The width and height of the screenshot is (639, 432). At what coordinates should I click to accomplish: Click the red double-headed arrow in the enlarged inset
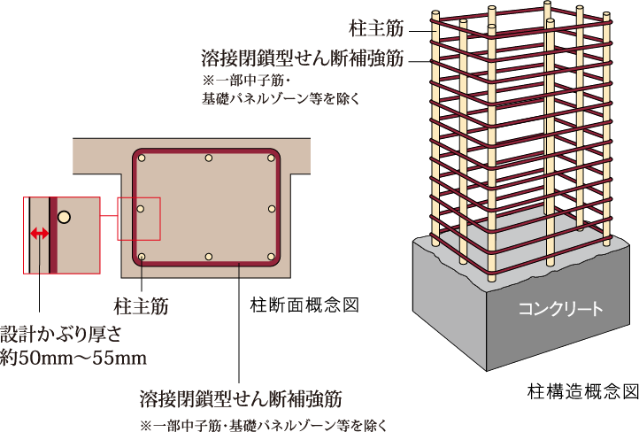39,234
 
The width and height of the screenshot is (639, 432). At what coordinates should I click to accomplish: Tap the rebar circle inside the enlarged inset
64,216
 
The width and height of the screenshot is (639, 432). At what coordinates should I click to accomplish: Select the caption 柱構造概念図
582,390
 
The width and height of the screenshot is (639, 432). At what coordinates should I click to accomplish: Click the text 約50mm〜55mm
73,358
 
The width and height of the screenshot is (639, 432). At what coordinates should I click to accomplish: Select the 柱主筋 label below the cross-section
142,305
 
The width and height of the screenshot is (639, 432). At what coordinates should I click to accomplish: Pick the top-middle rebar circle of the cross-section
207,158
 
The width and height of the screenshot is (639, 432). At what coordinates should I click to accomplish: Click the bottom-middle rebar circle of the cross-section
207,258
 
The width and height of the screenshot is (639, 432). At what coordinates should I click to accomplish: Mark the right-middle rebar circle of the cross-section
272,209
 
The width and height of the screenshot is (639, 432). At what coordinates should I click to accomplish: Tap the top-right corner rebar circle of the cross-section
269,159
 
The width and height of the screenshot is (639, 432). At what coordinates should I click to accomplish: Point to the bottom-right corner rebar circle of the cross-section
270,257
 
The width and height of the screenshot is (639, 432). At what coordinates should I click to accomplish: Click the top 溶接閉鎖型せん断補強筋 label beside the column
303,58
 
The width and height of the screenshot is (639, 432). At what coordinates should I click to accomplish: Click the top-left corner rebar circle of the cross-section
142,160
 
